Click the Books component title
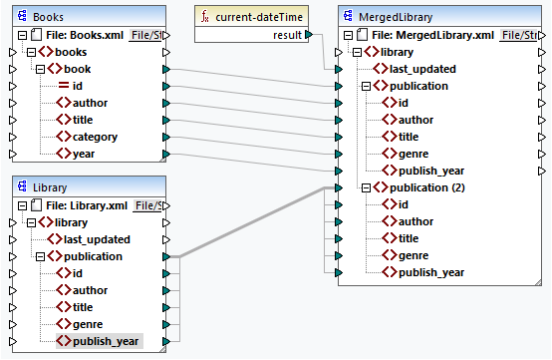tap(49, 17)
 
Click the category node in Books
tap(95, 137)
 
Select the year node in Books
tap(87, 154)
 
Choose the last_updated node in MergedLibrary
tap(421, 69)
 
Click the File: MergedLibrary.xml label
tap(438, 35)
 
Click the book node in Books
tap(78, 69)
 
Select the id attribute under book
tap(78, 86)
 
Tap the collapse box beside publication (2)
tap(366, 187)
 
